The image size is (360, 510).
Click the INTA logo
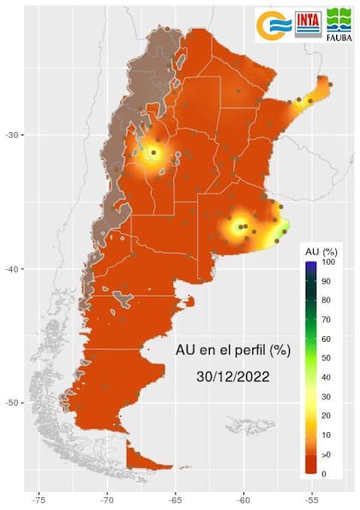point(309,24)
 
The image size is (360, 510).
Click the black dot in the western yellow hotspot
point(154,153)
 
